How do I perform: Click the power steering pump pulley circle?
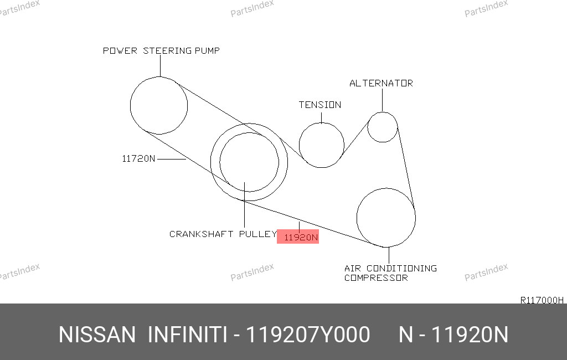click(x=130, y=105)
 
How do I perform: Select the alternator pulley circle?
click(x=368, y=127)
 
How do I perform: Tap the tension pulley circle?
click(x=299, y=145)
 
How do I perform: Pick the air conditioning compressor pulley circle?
click(x=357, y=218)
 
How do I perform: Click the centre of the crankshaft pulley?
click(x=249, y=162)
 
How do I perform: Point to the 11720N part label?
click(x=138, y=158)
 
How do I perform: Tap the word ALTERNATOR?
click(x=381, y=83)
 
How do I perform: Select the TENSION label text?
click(x=320, y=105)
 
